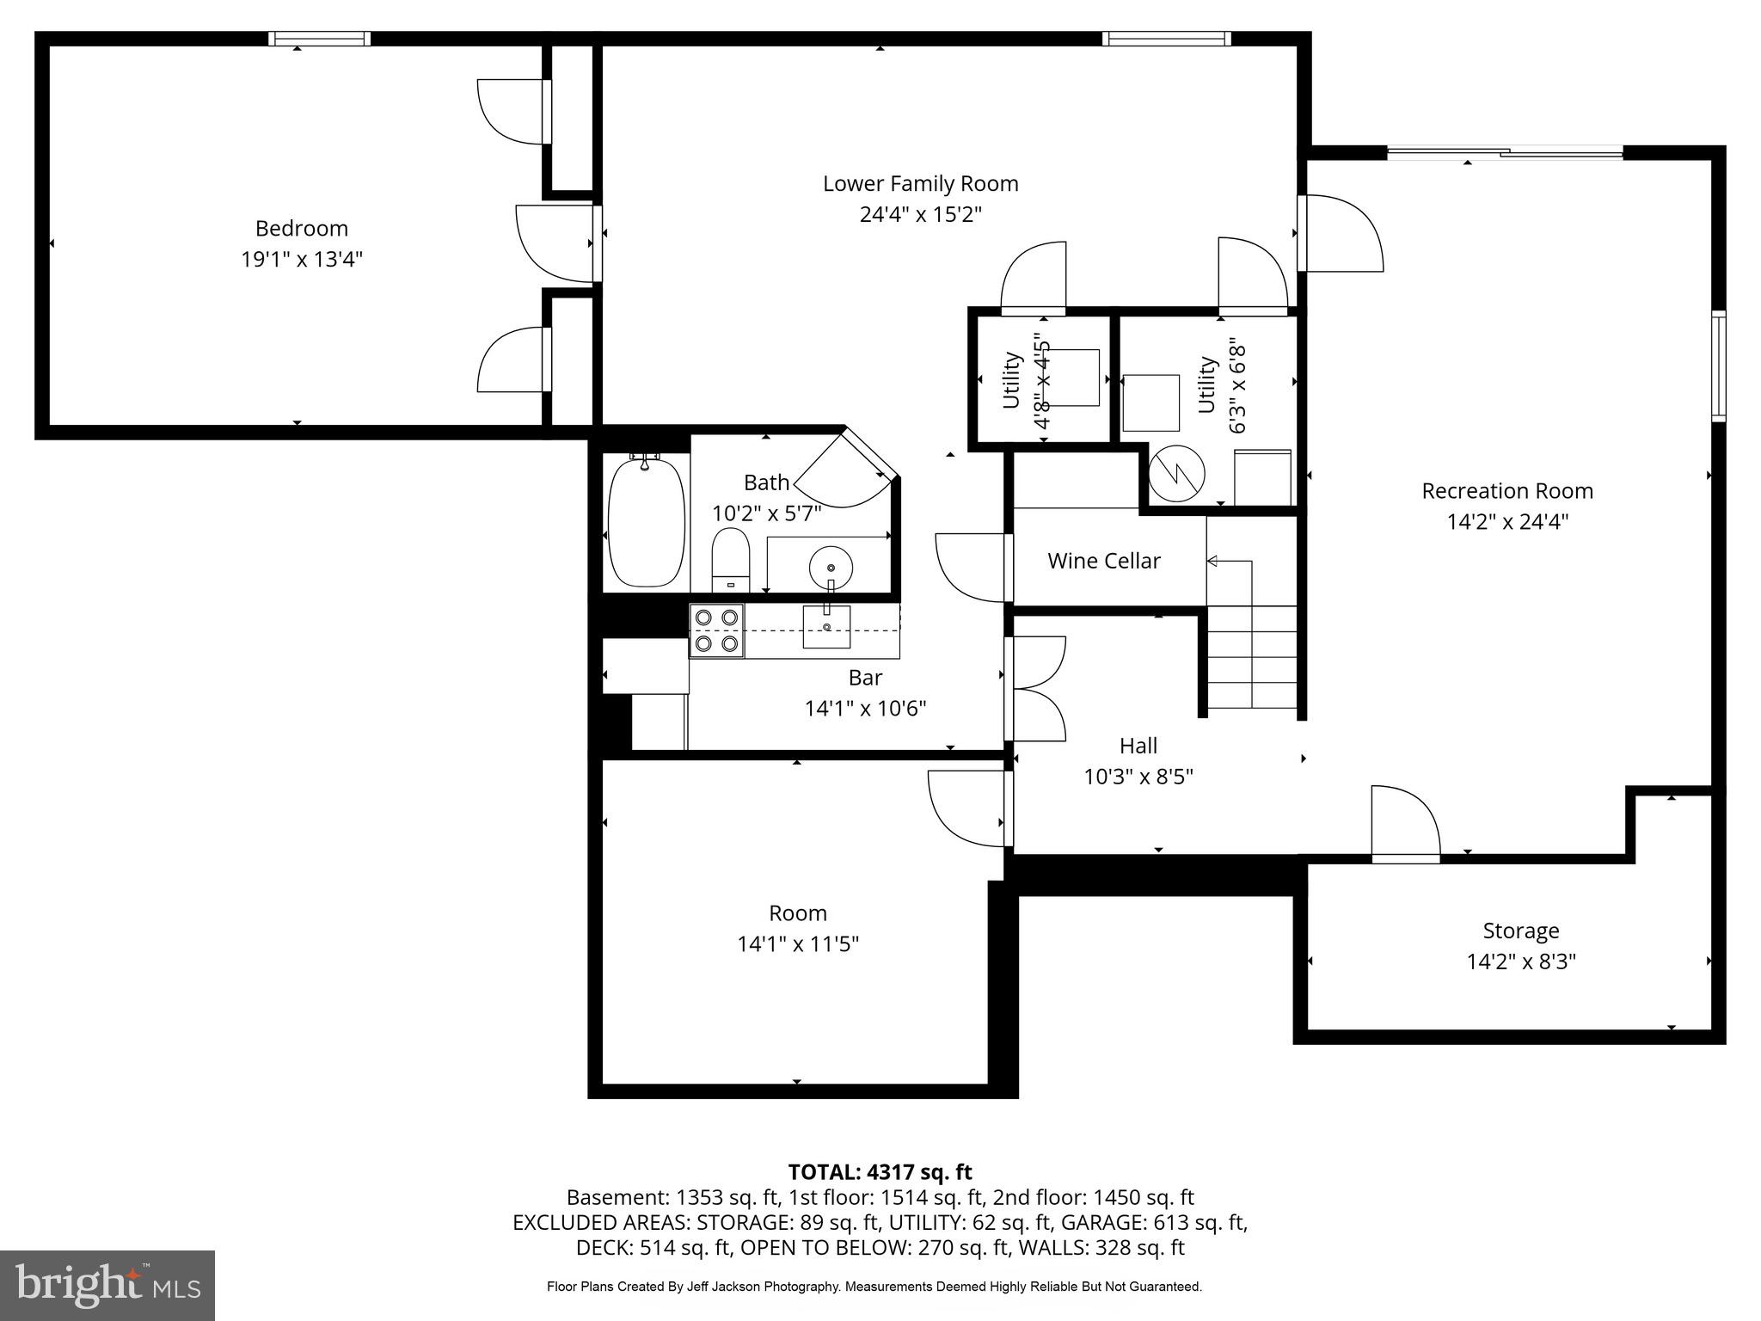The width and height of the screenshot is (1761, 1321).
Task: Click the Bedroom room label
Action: pos(301,229)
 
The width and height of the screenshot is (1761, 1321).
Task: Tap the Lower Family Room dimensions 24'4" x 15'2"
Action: pos(920,214)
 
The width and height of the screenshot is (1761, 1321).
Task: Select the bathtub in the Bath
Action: pos(646,523)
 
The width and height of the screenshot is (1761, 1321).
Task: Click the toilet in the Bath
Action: pos(731,558)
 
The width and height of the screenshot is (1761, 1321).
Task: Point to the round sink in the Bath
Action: pos(831,568)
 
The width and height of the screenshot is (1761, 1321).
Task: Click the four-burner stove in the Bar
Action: pos(716,630)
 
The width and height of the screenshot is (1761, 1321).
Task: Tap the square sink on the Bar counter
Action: pos(826,627)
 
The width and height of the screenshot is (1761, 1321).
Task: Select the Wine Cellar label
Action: pos(1103,562)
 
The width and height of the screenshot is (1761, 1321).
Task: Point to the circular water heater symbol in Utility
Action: pos(1176,474)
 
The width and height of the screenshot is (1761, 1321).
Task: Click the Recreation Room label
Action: pos(1506,491)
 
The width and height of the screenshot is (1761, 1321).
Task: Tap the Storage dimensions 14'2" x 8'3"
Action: pos(1520,962)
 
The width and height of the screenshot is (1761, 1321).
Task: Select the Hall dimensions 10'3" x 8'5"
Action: pos(1138,777)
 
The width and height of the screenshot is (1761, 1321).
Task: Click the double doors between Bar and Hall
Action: pos(1036,689)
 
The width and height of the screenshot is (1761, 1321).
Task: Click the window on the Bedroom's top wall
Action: pos(319,39)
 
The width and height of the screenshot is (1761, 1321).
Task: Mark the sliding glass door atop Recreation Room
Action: pos(1505,154)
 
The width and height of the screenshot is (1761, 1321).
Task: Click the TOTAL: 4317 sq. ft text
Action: pos(880,1172)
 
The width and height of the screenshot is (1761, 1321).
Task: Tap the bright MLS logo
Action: pos(107,1285)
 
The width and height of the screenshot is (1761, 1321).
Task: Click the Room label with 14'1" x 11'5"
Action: pos(797,913)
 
